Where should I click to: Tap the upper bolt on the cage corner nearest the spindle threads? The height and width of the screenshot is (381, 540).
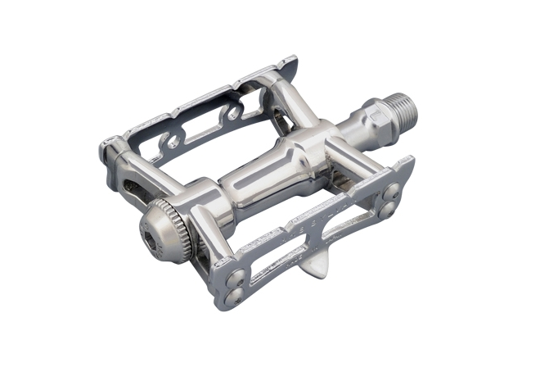coord(393,190)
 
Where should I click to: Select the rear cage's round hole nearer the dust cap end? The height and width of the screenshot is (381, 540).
coord(173,141)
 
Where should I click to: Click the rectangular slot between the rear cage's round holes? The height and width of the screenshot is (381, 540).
coord(205,127)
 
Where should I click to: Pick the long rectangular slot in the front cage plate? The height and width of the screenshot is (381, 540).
coord(283,256)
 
